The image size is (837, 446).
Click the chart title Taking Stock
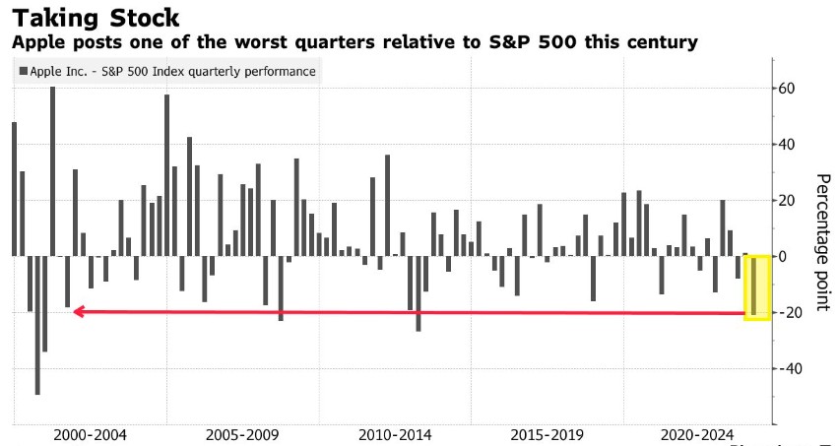tap(95, 17)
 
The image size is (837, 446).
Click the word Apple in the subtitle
tap(35, 42)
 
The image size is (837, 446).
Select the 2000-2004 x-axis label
tap(91, 435)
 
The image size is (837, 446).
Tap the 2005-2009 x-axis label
tap(243, 435)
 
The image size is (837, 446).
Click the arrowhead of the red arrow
tap(77, 312)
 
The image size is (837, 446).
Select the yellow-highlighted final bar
tap(754, 286)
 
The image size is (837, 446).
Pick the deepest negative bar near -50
tap(37, 325)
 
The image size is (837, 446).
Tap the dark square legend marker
tap(24, 71)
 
